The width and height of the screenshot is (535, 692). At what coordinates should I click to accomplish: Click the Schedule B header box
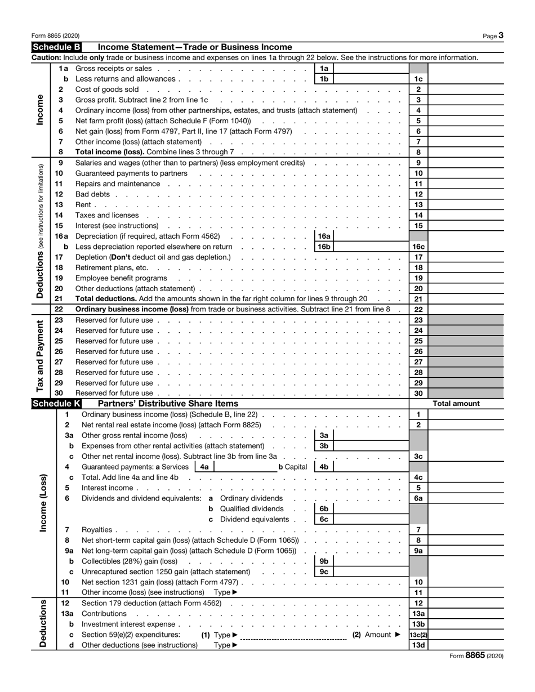click(x=57, y=47)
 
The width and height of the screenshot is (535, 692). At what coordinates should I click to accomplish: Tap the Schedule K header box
click(x=57, y=403)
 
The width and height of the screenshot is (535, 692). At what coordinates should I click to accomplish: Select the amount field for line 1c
click(x=466, y=79)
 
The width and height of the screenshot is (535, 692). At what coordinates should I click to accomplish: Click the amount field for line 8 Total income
click(x=466, y=152)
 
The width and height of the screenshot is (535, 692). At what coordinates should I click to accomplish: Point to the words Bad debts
click(x=93, y=194)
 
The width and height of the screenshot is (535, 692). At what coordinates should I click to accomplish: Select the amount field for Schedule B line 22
click(x=466, y=309)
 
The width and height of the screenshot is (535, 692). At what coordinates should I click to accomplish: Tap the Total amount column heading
click(x=456, y=403)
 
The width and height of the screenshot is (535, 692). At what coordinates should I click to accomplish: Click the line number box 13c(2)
click(x=418, y=635)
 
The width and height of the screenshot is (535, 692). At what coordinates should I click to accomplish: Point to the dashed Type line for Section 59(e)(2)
click(x=293, y=636)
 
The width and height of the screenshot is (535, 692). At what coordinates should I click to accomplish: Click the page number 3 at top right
click(x=501, y=35)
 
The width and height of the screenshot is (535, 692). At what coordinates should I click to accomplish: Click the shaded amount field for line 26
click(x=466, y=351)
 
